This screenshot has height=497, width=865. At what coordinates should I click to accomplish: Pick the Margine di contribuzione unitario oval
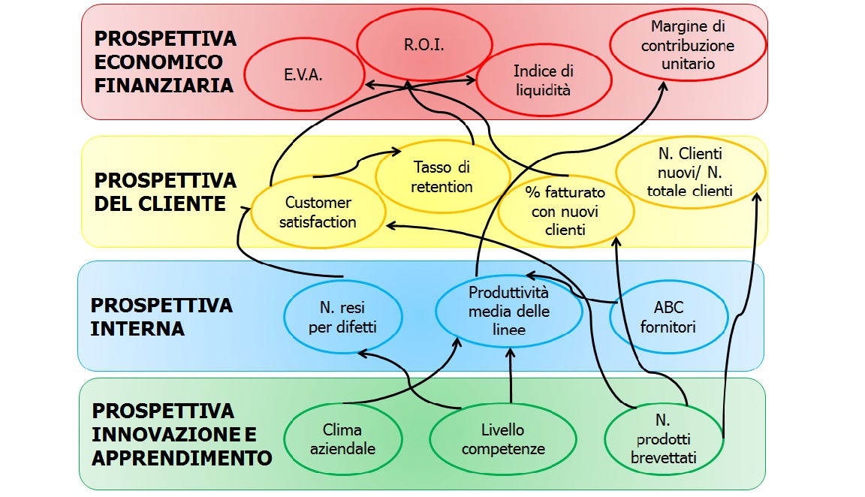point(688,45)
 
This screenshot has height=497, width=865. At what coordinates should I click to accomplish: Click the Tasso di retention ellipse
point(442,177)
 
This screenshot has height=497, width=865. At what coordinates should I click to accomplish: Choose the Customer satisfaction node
point(318,212)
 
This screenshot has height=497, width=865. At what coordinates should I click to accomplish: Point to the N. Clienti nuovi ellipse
point(689,172)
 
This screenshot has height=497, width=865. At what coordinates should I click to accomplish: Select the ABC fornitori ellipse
point(668,318)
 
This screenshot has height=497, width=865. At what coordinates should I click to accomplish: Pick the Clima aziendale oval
point(342,439)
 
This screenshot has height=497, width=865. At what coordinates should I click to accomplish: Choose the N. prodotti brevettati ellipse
point(664,438)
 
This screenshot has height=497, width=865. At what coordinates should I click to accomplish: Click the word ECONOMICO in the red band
point(158,62)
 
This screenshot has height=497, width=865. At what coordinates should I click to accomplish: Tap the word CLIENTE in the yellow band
point(161,203)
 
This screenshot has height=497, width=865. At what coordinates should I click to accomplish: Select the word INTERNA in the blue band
point(137,329)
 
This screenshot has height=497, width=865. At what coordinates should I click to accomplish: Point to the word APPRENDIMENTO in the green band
point(182,457)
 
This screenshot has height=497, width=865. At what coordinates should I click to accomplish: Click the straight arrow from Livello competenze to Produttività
point(511,375)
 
